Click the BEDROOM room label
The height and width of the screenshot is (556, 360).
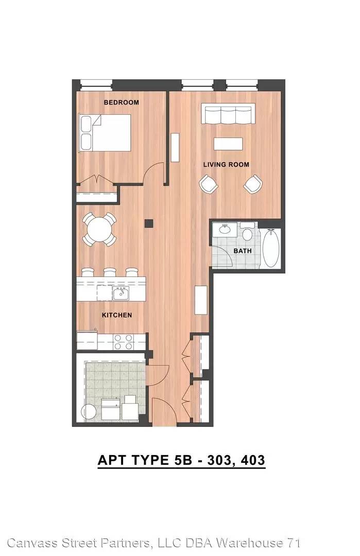122,102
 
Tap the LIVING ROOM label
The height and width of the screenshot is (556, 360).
226,165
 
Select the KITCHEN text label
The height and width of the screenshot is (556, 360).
117,315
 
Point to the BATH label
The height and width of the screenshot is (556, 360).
243,251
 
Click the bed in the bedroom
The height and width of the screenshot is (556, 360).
104,133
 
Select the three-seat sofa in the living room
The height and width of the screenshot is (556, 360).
229,113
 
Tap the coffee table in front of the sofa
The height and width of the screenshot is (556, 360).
229,144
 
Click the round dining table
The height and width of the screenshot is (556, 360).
99,229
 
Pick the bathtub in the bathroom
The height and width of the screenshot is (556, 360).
271,248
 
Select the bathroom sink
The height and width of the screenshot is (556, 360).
225,229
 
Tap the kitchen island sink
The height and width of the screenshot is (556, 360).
121,293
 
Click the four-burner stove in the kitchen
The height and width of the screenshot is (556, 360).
124,342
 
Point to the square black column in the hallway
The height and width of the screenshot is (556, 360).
149,224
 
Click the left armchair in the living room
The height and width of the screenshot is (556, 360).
208,184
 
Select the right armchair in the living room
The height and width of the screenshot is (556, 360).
253,184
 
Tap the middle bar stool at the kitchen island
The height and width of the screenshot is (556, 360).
110,272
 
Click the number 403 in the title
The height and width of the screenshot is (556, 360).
253,460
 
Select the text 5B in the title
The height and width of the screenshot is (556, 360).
183,460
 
